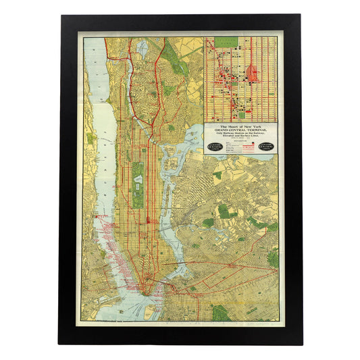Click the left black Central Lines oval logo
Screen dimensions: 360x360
pyautogui.click(x=215, y=146)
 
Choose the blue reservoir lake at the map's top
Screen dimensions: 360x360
pyautogui.click(x=143, y=49)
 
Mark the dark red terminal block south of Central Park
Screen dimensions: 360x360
pyautogui.click(x=148, y=222)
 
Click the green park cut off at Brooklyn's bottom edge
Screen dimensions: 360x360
pyautogui.click(x=219, y=313)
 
